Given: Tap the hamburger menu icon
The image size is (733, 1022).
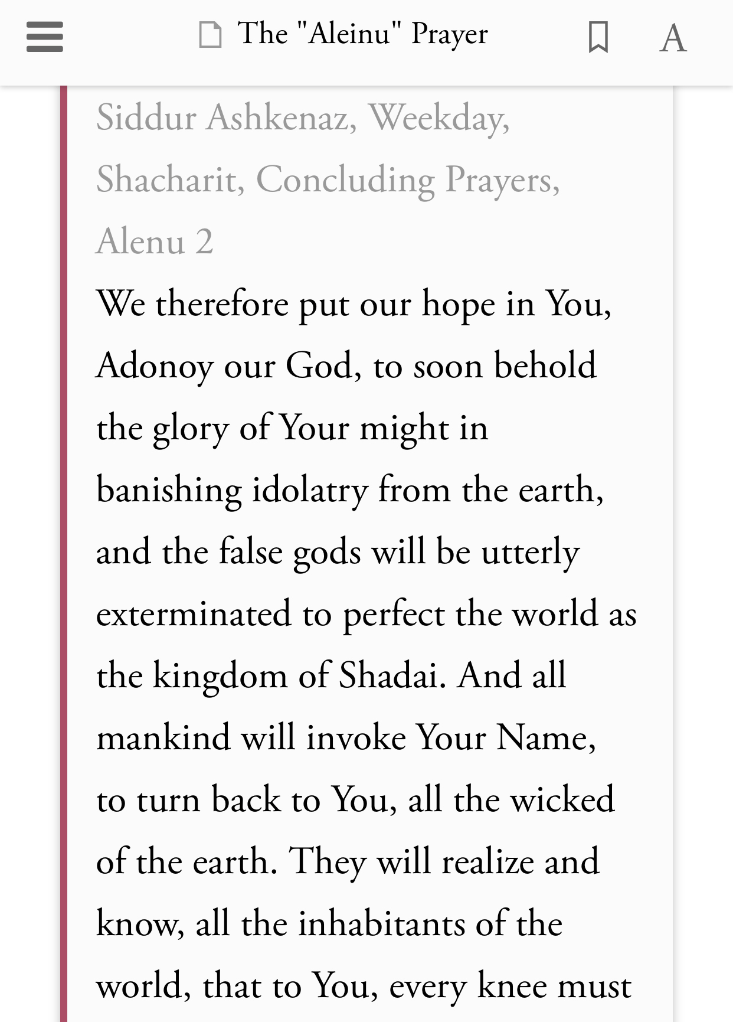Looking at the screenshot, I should (45, 37).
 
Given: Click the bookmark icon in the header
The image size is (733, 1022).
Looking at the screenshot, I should (598, 37).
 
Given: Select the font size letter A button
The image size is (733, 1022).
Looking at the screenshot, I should (673, 38).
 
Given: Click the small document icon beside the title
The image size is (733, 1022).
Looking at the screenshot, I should (210, 34).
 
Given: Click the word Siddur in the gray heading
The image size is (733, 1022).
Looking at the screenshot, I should (146, 117).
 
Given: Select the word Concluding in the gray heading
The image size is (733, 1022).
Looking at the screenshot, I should (345, 179).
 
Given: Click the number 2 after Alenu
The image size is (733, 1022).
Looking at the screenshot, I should (204, 241).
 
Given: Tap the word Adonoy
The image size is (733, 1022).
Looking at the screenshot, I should (155, 366).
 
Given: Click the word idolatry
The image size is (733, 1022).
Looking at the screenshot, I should (309, 490).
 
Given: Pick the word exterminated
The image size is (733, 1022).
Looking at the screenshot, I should (194, 614).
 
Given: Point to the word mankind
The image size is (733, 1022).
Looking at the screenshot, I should (163, 737).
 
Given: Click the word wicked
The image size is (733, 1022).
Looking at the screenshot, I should (562, 799).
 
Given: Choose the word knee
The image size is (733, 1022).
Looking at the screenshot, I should (512, 985).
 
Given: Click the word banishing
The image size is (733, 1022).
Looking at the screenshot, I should (169, 490).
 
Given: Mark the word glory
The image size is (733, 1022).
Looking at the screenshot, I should (190, 428).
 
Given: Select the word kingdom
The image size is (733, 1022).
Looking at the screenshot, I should (220, 675).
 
